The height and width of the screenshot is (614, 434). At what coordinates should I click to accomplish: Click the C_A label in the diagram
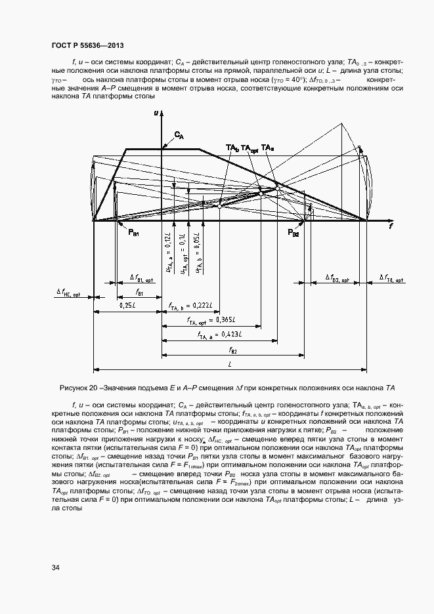179,135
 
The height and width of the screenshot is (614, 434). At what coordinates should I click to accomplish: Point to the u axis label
156,113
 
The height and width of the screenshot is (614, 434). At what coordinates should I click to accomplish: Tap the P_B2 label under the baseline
293,233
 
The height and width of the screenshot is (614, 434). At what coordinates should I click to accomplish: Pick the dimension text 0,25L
128,306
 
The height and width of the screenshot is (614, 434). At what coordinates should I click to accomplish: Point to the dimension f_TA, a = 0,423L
219,335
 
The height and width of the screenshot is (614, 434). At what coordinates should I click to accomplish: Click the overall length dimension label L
230,363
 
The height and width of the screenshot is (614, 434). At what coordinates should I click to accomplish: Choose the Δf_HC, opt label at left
68,293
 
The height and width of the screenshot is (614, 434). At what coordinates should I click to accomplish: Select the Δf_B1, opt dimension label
141,277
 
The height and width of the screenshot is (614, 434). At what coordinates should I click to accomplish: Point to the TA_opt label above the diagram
250,148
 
